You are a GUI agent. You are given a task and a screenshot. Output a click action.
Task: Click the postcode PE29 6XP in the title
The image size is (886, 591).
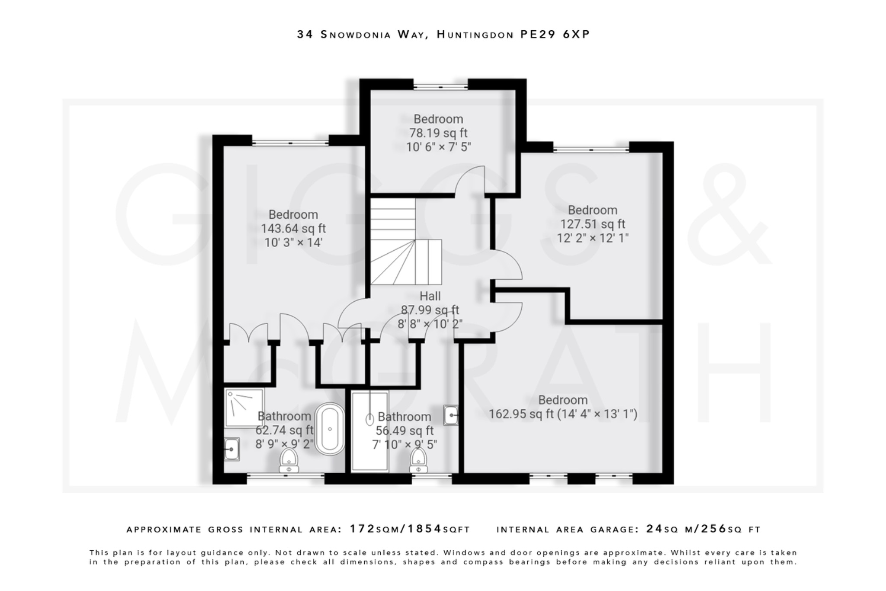coord(555,35)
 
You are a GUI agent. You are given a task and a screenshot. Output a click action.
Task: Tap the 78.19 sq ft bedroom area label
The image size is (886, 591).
coord(438,133)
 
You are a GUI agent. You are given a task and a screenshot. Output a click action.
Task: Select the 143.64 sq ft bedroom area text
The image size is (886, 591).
coord(293,229)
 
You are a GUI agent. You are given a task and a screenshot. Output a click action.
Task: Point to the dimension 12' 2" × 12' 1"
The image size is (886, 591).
coord(592,238)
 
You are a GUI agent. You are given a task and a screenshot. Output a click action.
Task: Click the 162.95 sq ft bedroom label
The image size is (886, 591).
coord(562,414)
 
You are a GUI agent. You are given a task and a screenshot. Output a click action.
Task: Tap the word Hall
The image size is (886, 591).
coord(430,296)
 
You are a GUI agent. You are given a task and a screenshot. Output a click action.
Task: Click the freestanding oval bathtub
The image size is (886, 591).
coord(330,429)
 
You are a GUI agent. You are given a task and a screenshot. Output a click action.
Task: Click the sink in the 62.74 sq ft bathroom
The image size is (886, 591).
coord(231,449)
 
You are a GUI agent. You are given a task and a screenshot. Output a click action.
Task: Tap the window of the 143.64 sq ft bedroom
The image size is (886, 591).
coord(290,143)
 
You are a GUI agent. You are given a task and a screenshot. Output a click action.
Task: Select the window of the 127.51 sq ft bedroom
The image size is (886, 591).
coord(591,149)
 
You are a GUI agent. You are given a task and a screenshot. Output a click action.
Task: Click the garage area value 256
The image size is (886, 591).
coord(713,529)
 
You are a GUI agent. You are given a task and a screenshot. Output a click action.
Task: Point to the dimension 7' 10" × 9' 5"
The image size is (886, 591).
coord(404,445)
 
